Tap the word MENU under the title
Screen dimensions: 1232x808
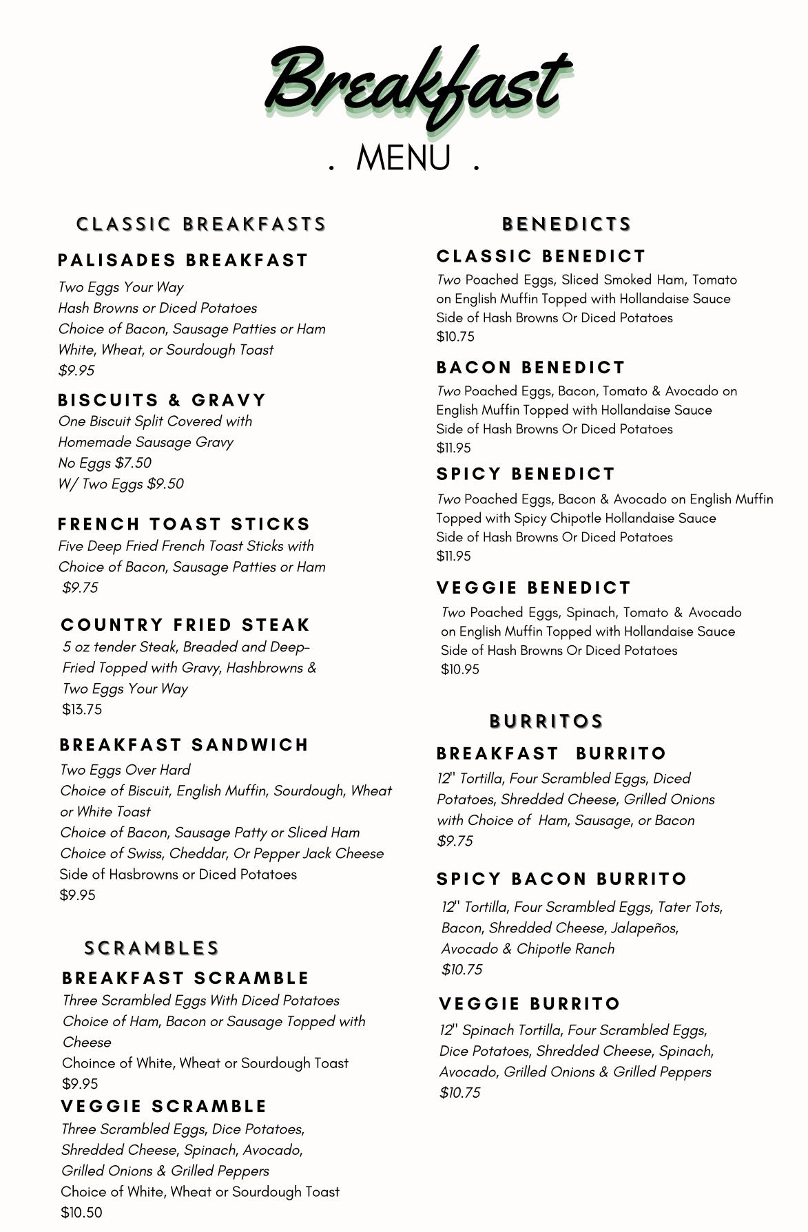(404, 158)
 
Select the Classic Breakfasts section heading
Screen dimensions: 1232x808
(201, 225)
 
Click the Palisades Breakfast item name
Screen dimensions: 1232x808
(183, 260)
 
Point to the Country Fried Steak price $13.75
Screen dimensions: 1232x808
(82, 709)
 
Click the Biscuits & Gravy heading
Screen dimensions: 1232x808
(162, 400)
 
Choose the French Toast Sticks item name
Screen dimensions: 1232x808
(184, 524)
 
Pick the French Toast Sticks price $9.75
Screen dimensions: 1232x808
(80, 587)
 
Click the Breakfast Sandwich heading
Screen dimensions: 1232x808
(184, 745)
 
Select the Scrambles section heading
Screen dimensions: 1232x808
(152, 948)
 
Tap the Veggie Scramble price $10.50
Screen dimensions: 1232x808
(81, 1212)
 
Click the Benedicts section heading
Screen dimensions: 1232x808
(566, 225)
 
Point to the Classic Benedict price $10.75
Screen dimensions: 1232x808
(455, 337)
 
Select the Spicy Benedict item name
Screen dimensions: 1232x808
(526, 474)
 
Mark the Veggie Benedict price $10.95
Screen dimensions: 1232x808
(460, 669)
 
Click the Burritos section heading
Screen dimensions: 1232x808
(546, 722)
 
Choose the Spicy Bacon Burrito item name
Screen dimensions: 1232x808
(561, 879)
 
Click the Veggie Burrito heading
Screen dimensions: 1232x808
(530, 1004)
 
